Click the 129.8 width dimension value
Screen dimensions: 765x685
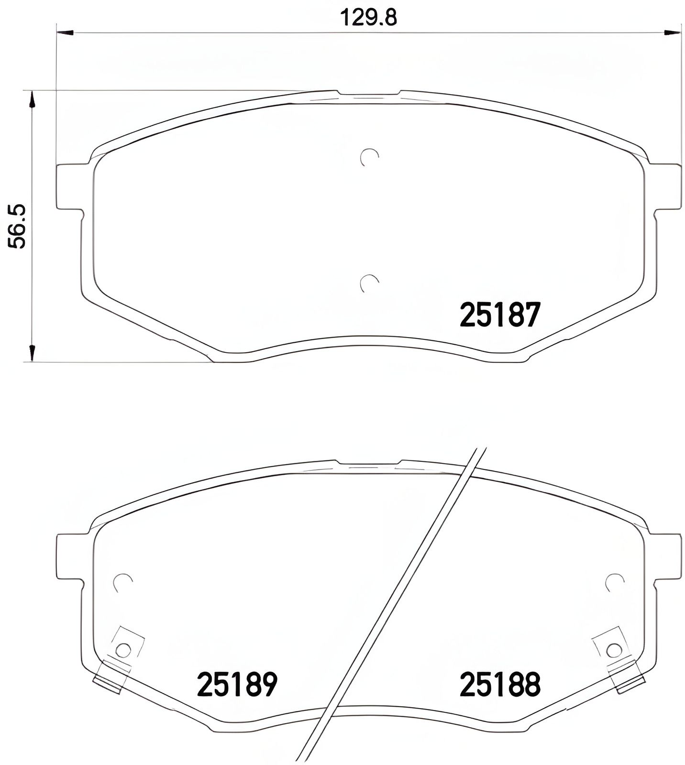pyautogui.click(x=368, y=18)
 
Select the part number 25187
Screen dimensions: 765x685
pyautogui.click(x=500, y=315)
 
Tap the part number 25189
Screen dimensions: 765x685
pyautogui.click(x=237, y=685)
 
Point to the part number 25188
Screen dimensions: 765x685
pyautogui.click(x=500, y=685)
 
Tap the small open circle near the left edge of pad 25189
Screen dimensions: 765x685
pyautogui.click(x=123, y=582)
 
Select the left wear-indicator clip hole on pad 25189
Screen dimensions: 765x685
pyautogui.click(x=123, y=650)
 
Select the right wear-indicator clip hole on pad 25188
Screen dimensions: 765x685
pyautogui.click(x=613, y=650)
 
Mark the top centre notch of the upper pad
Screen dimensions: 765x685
pyautogui.click(x=369, y=93)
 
